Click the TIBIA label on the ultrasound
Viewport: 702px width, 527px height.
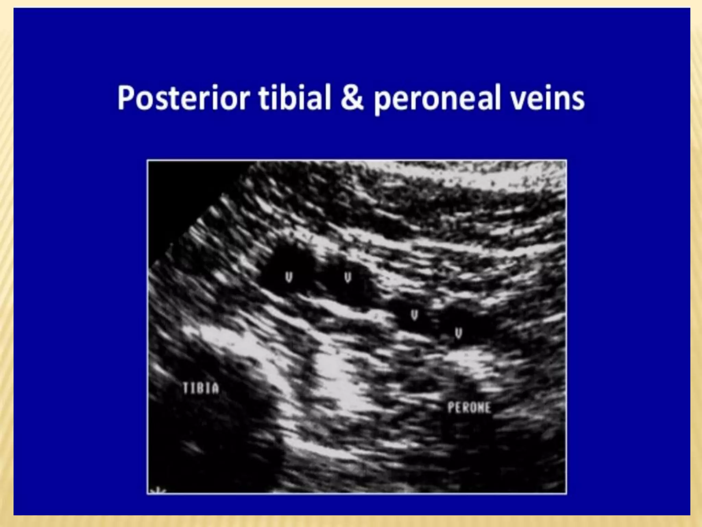(201, 388)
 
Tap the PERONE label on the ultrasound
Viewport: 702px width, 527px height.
(469, 408)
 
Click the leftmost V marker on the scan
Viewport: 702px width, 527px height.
(289, 277)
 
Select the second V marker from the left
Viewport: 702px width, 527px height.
(348, 277)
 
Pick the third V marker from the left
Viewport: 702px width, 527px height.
(414, 315)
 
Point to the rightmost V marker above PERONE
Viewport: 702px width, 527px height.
(459, 332)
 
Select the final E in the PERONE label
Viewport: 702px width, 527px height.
(487, 408)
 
